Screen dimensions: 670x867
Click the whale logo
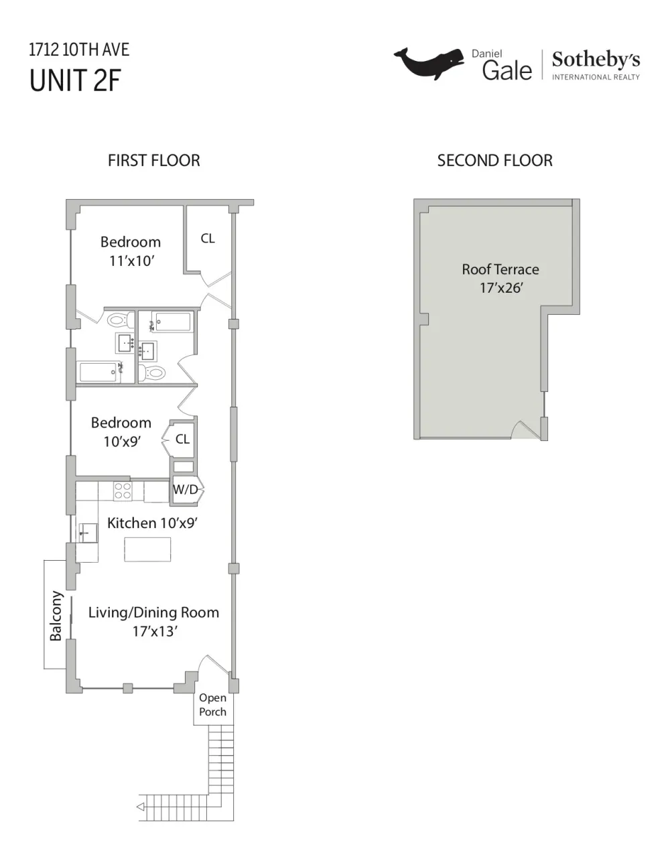pyautogui.click(x=429, y=64)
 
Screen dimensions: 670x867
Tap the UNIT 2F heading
pyautogui.click(x=75, y=80)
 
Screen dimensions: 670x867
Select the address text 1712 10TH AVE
pyautogui.click(x=79, y=50)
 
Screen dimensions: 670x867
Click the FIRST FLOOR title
pyautogui.click(x=154, y=160)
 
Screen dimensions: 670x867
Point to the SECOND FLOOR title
pyautogui.click(x=495, y=160)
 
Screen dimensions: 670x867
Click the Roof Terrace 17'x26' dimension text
pyautogui.click(x=501, y=287)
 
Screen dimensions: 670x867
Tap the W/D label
pyautogui.click(x=186, y=489)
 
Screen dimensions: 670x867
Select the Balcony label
pyautogui.click(x=56, y=616)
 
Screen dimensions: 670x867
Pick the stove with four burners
pyautogui.click(x=123, y=490)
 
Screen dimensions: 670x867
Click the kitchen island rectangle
pyautogui.click(x=147, y=549)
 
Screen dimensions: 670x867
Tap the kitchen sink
pyautogui.click(x=88, y=533)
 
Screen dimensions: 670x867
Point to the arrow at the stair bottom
pyautogui.click(x=141, y=807)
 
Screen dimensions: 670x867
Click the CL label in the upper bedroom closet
pyautogui.click(x=208, y=239)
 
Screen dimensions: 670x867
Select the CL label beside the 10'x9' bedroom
pyautogui.click(x=182, y=439)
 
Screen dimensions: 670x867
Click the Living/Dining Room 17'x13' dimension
pyautogui.click(x=155, y=631)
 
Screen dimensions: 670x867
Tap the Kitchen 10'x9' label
pyautogui.click(x=153, y=523)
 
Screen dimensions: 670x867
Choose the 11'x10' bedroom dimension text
pyautogui.click(x=131, y=261)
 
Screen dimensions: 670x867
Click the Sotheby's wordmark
pyautogui.click(x=596, y=60)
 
